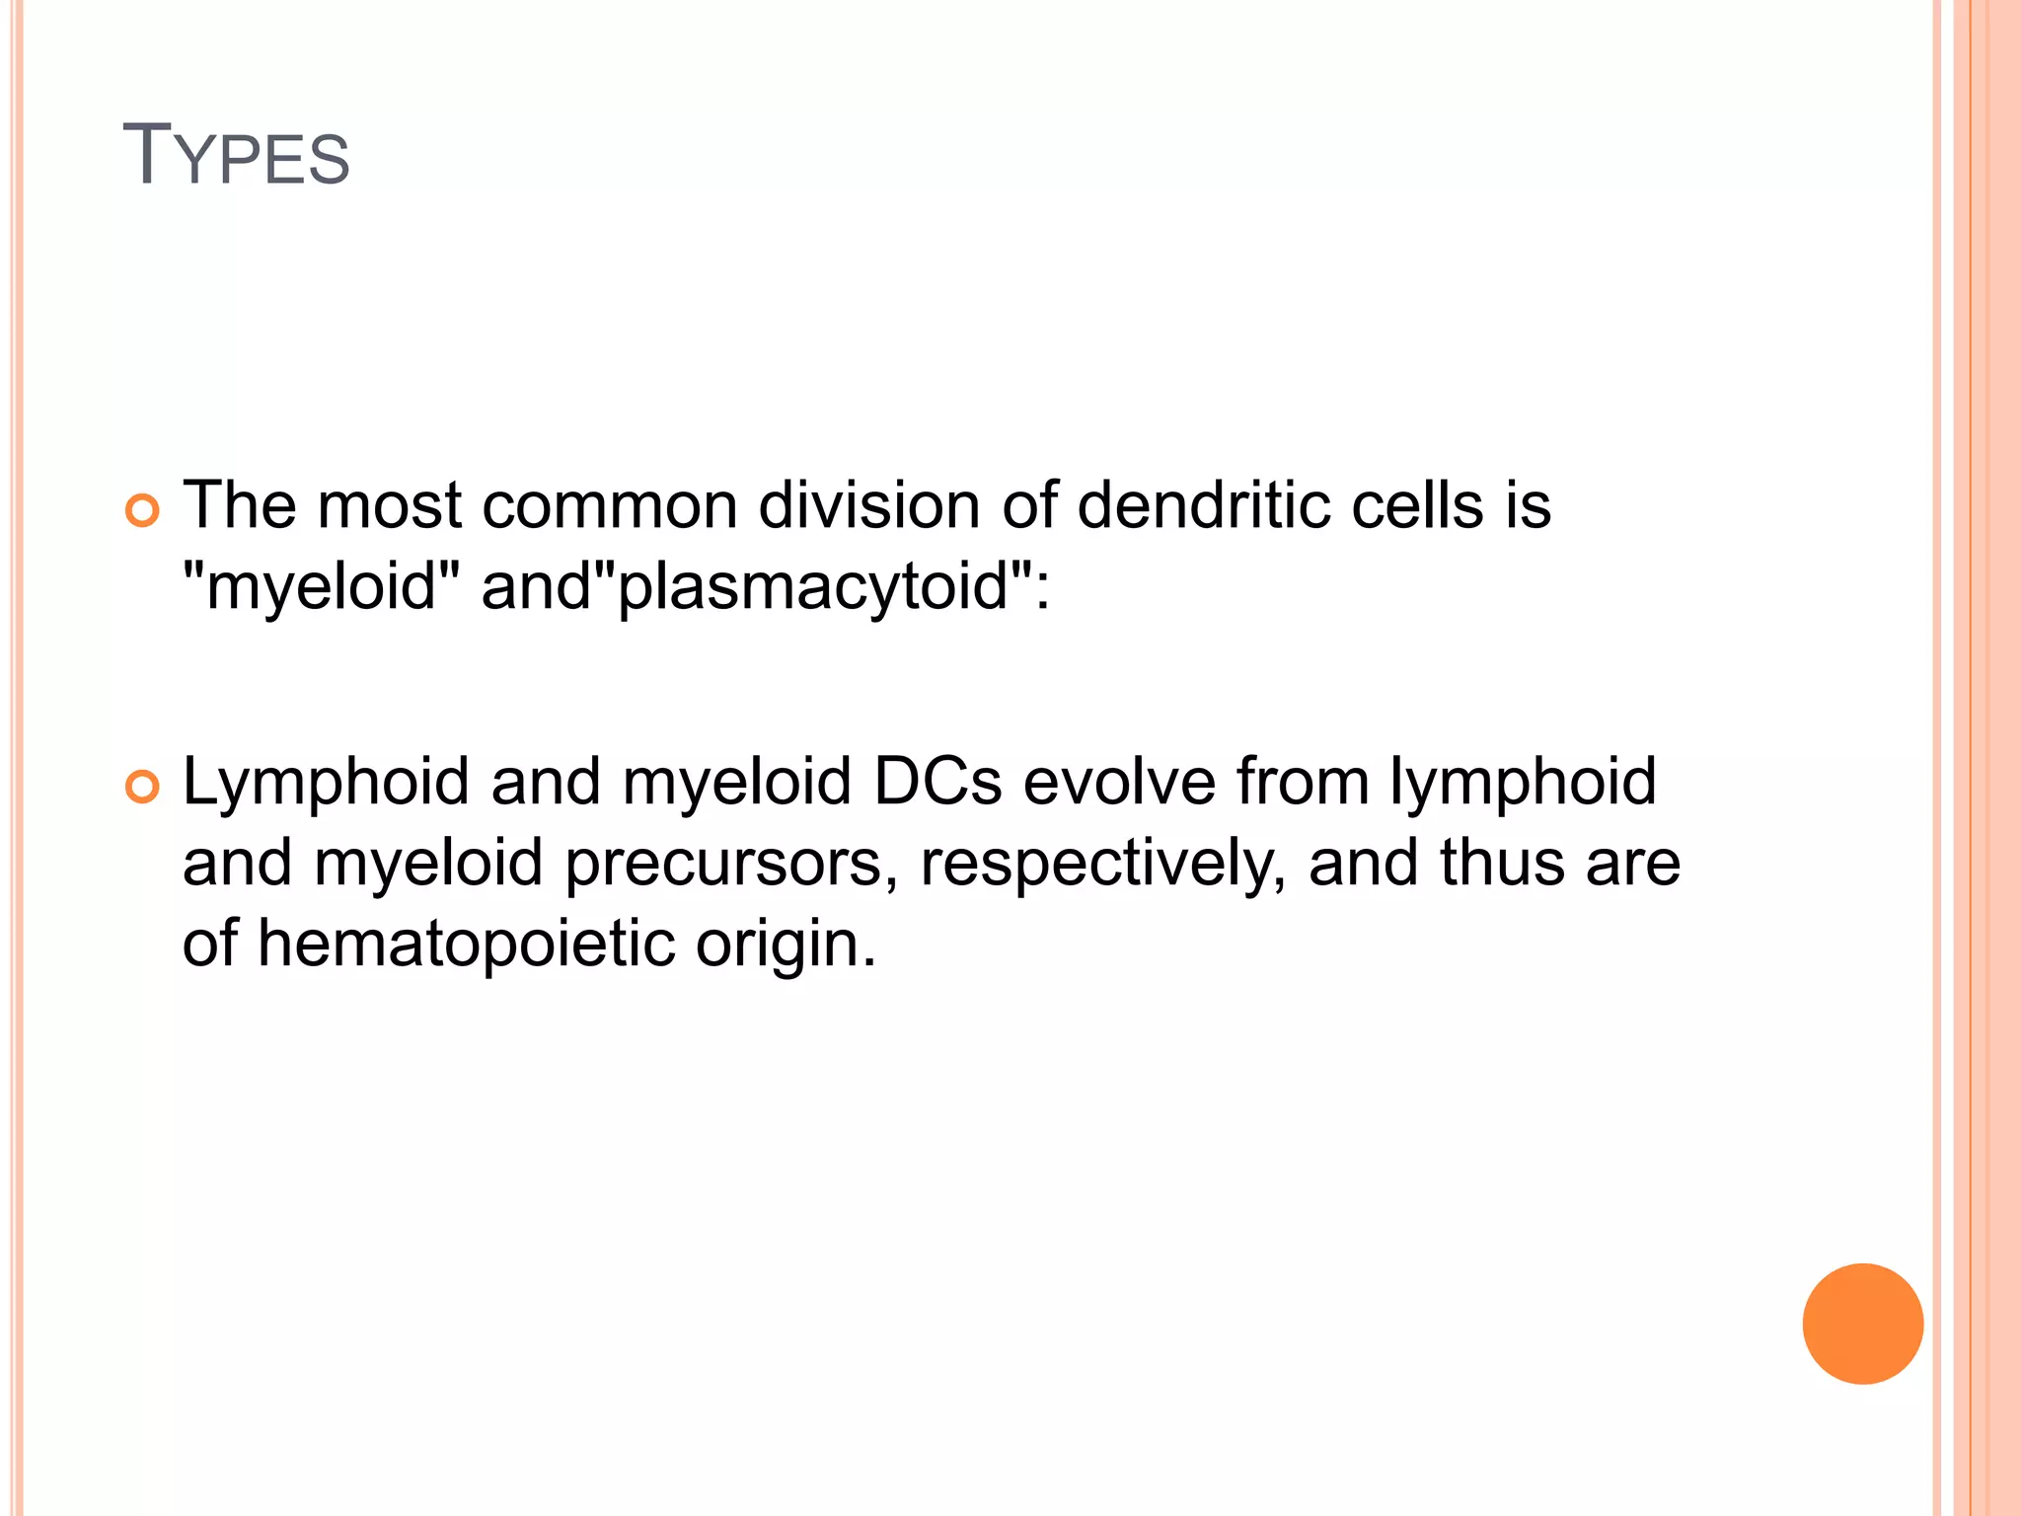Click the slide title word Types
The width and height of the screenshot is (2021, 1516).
pos(236,156)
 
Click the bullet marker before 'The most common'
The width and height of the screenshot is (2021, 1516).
pos(143,511)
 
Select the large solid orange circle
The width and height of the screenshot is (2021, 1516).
pos(1862,1324)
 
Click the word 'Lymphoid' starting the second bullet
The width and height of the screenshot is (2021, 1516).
pos(326,783)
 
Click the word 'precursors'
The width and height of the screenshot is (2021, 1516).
pos(731,864)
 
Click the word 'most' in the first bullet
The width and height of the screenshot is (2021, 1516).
pos(389,505)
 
